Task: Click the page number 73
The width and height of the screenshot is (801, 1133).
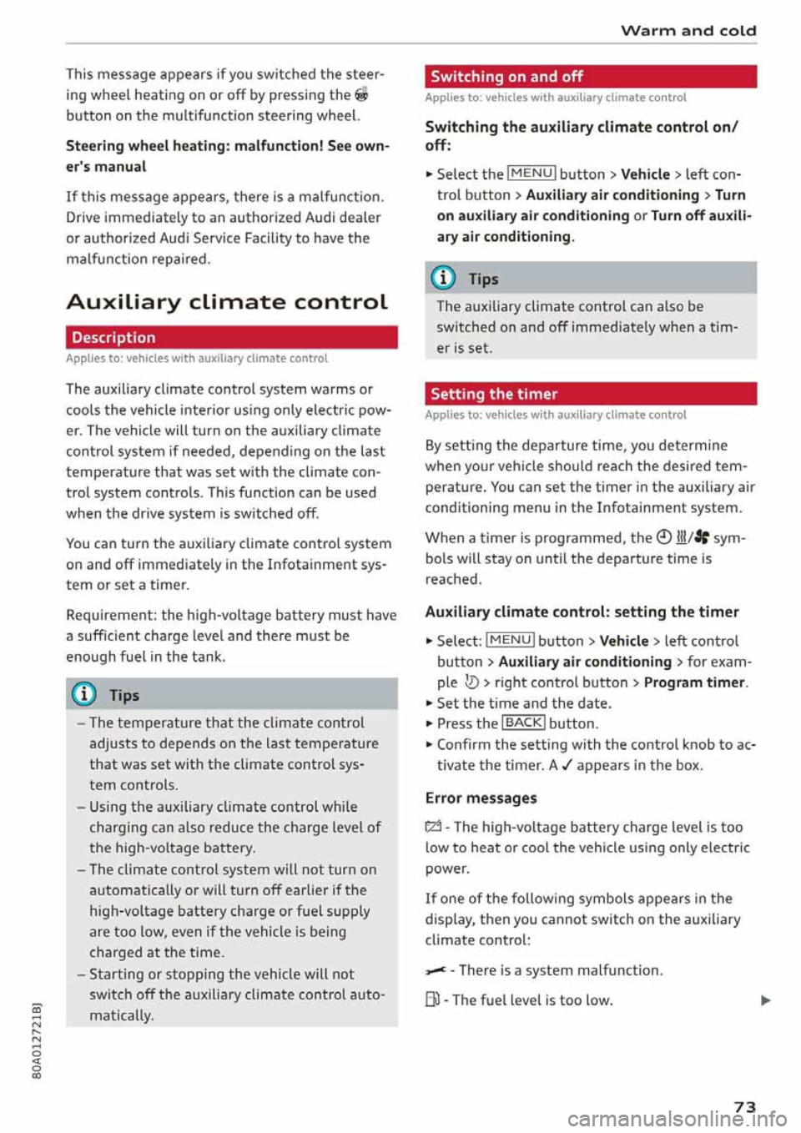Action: click(x=744, y=1106)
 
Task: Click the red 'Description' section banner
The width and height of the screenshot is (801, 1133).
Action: click(x=231, y=338)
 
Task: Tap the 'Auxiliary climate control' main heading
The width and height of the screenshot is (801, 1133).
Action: click(x=227, y=302)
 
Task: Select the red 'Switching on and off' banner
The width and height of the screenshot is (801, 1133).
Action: click(x=590, y=77)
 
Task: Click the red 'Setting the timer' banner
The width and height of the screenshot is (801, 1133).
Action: click(x=590, y=394)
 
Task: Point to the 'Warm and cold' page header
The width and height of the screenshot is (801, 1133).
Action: click(x=688, y=31)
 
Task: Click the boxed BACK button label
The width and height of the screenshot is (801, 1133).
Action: click(x=523, y=723)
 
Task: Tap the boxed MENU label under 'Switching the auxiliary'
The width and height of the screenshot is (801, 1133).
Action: click(x=531, y=174)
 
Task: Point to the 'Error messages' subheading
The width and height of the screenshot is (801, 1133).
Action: click(x=481, y=798)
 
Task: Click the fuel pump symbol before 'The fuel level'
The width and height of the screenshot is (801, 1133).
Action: click(x=433, y=1000)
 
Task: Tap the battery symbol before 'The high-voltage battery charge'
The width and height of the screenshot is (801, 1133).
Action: click(x=433, y=828)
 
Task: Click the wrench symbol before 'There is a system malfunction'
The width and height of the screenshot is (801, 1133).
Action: click(x=435, y=970)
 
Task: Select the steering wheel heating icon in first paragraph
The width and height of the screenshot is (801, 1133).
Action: click(x=361, y=95)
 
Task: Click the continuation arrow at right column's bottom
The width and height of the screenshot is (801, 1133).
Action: click(x=766, y=1000)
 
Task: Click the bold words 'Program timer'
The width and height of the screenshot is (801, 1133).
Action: click(x=694, y=682)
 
